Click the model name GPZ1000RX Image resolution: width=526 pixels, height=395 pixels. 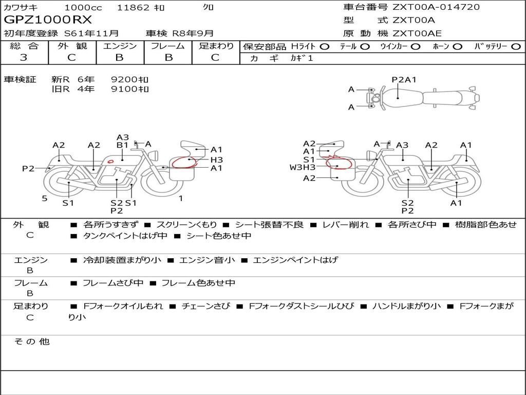(48, 20)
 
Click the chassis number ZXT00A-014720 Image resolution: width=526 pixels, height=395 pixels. (436, 7)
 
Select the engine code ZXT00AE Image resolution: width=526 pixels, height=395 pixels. (417, 33)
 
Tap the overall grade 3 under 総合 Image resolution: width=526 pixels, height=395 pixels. (24, 58)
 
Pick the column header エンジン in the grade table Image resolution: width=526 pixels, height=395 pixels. (120, 46)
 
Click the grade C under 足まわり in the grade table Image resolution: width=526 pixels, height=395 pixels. (215, 58)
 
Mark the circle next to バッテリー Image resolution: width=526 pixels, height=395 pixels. (516, 47)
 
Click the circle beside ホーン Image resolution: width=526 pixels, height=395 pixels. (458, 47)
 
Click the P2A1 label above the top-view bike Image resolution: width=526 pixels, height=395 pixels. (404, 80)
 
